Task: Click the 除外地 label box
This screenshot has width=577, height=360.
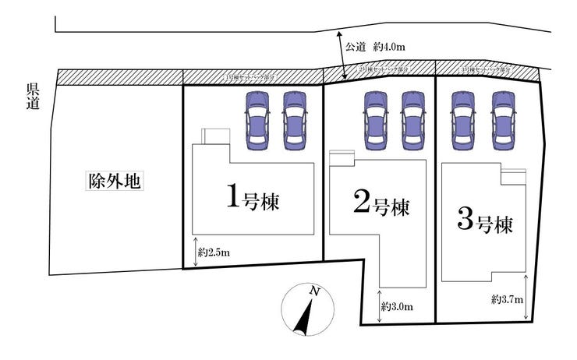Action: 114,182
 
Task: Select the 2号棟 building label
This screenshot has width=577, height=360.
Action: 381,206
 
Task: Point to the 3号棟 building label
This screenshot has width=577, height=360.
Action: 484,225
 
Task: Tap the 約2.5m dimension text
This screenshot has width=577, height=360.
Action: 214,252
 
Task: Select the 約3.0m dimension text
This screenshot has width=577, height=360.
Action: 397,307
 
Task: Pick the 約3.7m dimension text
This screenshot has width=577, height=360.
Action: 507,299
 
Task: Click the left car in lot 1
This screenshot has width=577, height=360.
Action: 257,120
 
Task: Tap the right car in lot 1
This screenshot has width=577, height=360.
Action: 294,120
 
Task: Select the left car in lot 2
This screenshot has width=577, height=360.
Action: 375,120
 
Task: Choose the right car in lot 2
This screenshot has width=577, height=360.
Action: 412,120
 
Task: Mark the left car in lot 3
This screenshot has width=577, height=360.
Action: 464,120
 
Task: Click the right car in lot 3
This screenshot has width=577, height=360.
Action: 503,120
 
